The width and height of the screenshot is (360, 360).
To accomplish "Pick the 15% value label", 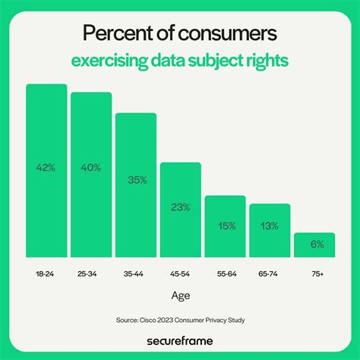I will pyautogui.click(x=225, y=225).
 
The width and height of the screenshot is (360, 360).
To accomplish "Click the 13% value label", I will pyautogui.click(x=270, y=226).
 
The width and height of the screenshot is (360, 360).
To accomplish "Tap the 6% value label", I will pyautogui.click(x=314, y=245).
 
